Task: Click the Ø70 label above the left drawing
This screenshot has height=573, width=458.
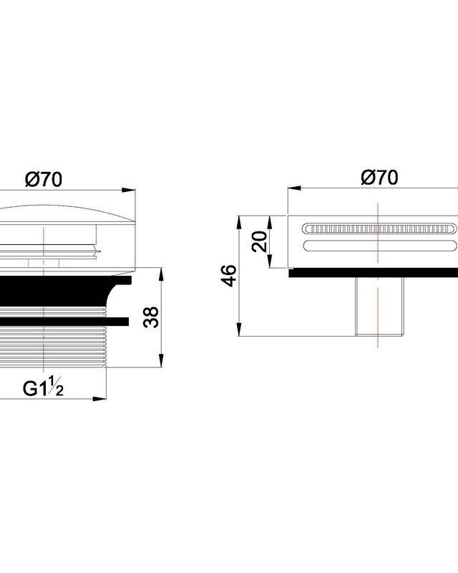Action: point(44,180)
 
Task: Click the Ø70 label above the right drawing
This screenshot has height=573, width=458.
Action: point(379,178)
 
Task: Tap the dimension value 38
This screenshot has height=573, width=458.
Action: point(151,317)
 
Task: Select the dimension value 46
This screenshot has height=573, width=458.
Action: point(228,276)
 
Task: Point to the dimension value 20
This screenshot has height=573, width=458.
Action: point(260,241)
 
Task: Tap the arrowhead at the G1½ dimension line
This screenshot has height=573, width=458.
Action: point(99,399)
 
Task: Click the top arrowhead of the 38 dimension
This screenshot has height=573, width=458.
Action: point(161,274)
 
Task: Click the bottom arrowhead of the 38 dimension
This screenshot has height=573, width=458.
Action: point(161,360)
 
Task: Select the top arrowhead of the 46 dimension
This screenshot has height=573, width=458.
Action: point(239,222)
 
